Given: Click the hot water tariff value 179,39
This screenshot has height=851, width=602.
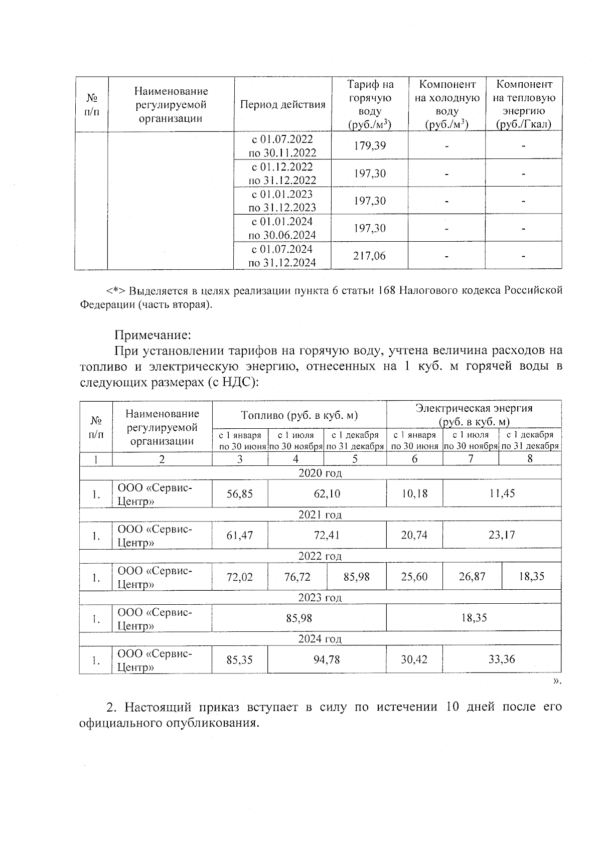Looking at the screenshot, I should [x=369, y=146].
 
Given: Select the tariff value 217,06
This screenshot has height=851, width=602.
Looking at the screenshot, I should [x=369, y=256].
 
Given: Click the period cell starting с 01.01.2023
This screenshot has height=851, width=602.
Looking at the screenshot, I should [x=282, y=201].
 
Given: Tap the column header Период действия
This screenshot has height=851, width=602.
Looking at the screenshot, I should [x=282, y=105].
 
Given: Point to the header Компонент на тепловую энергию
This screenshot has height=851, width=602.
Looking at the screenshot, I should [x=523, y=104].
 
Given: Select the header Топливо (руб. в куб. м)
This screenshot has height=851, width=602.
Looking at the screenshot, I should [x=299, y=415].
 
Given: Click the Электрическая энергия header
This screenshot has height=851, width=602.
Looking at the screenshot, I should [x=474, y=414].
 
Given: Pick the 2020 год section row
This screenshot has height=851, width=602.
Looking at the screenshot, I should [x=320, y=473].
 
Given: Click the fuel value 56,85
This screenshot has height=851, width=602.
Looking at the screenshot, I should [x=239, y=494].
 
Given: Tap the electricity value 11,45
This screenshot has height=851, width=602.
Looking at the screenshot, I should [x=502, y=494].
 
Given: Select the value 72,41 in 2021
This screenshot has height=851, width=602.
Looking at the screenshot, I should [x=327, y=536].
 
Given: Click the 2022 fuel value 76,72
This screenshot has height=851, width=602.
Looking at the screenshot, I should [x=297, y=577].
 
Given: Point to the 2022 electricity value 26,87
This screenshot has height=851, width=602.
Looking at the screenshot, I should [x=472, y=577].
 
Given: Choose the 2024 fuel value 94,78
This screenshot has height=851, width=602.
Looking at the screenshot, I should [x=327, y=660].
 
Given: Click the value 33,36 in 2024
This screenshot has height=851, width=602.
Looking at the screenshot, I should [x=502, y=659].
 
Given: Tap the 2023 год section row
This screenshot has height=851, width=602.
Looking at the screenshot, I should [x=320, y=598].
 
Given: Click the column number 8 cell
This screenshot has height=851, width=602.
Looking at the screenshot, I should [x=530, y=459].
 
